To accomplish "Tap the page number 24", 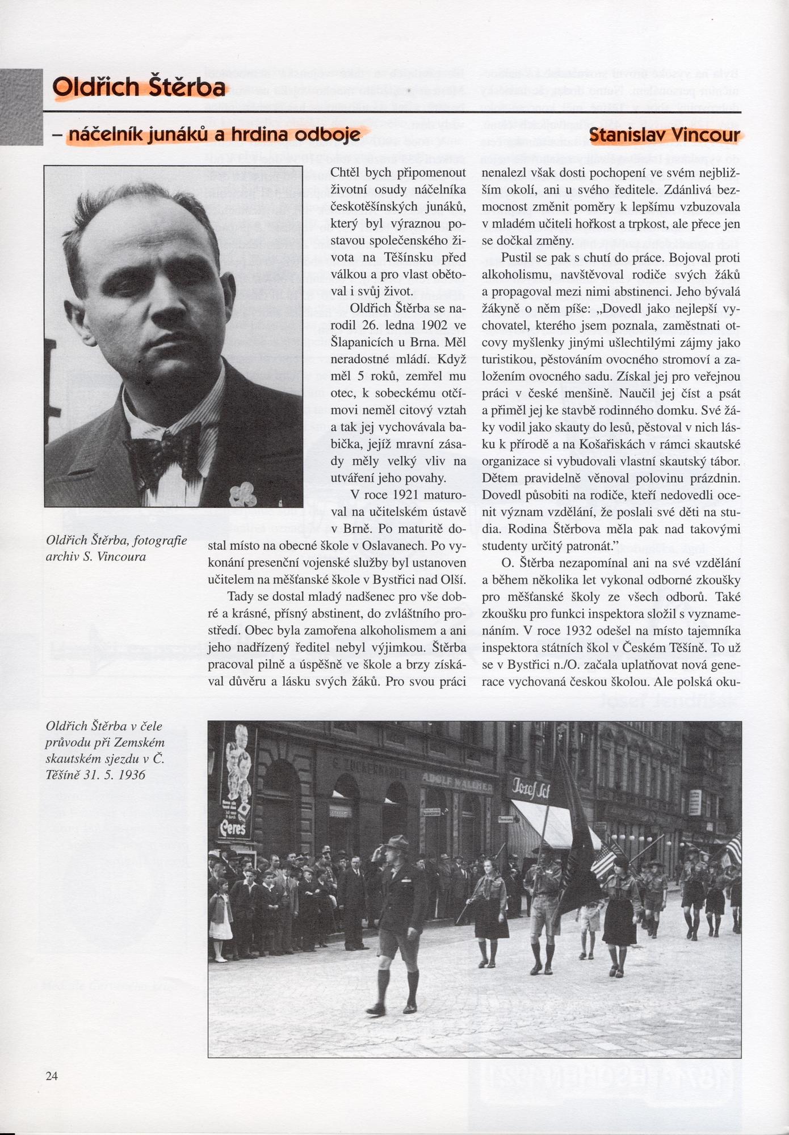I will pos(52,1075).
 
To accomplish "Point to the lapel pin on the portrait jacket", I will pos(242,493).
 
